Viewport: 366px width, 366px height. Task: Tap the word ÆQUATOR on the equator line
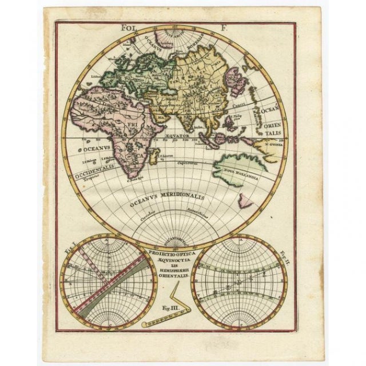point(177,136)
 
